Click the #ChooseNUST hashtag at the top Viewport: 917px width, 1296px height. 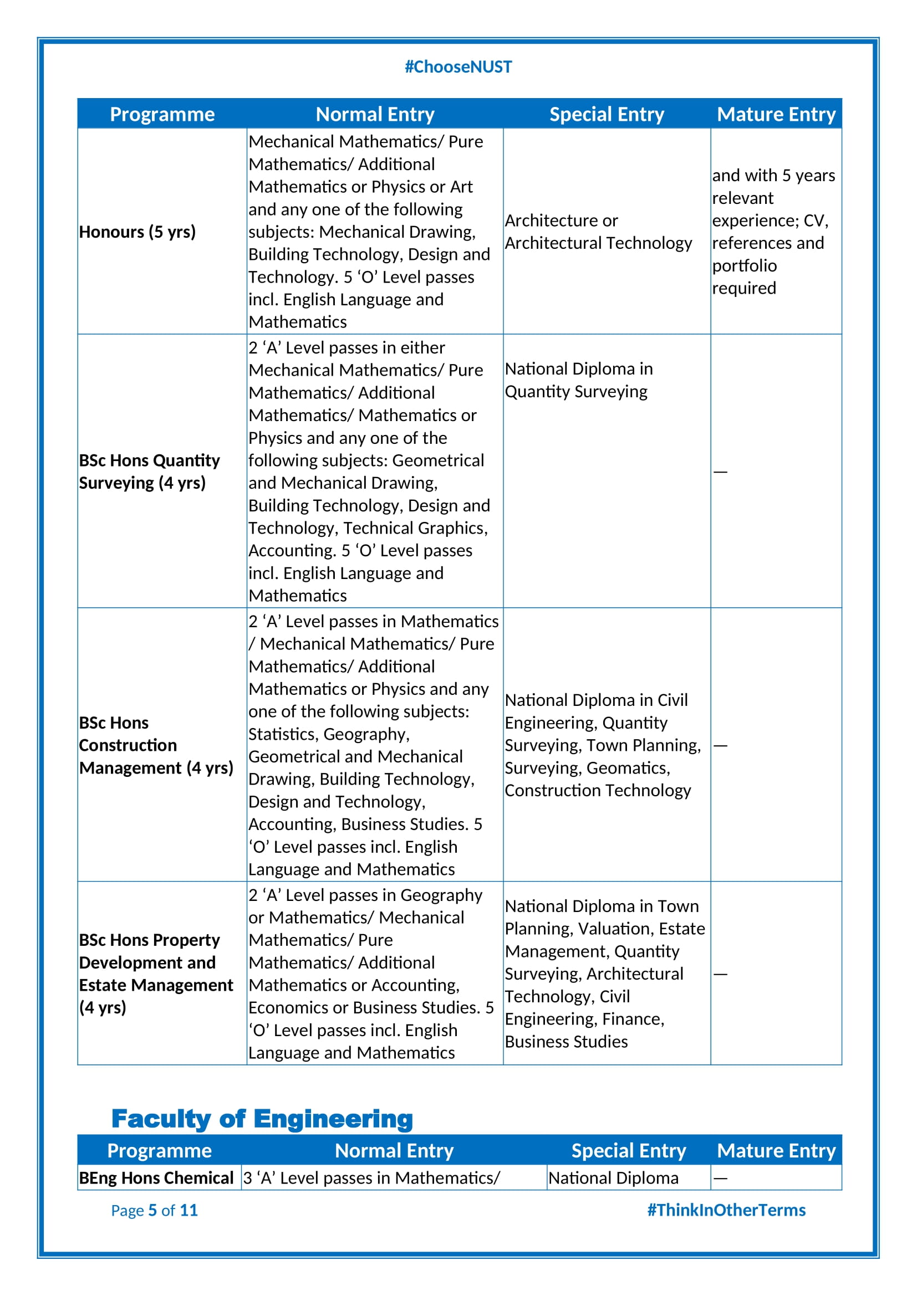(x=458, y=66)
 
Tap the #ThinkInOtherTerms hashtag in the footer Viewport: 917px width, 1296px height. (x=726, y=1210)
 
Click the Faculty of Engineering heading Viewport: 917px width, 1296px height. (x=262, y=1119)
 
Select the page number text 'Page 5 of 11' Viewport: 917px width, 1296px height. (x=154, y=1210)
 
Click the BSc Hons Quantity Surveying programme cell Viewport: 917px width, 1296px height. (x=149, y=472)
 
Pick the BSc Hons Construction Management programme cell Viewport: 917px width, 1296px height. (x=156, y=745)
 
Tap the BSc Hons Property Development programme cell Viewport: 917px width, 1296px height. (x=156, y=973)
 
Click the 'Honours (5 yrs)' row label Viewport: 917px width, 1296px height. (x=137, y=232)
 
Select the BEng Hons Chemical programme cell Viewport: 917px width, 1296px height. (x=156, y=1178)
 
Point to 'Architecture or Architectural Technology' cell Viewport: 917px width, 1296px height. (x=598, y=232)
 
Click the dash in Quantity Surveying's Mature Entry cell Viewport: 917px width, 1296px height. (x=720, y=472)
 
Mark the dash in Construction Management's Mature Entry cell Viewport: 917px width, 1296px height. (x=720, y=746)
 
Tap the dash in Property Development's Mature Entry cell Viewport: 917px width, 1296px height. (x=720, y=974)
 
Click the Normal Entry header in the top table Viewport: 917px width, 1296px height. (x=375, y=114)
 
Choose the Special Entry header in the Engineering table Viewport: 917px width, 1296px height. (x=629, y=1151)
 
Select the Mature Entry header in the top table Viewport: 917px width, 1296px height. (x=776, y=114)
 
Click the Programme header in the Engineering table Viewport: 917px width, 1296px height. (x=160, y=1151)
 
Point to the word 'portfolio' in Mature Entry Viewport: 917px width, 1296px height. (x=744, y=266)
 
